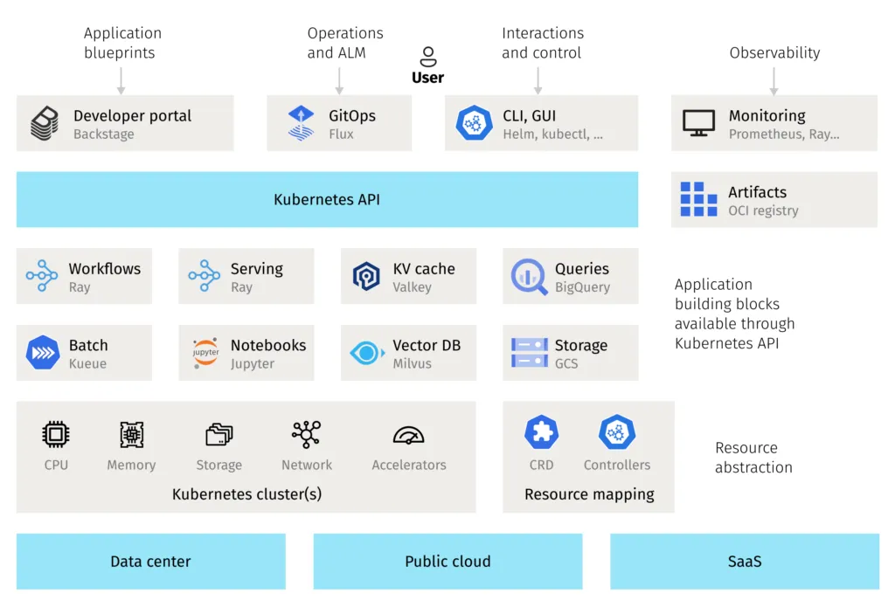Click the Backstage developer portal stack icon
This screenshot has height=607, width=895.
tap(45, 124)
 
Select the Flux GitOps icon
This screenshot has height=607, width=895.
tap(301, 124)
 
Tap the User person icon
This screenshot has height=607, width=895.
tap(428, 58)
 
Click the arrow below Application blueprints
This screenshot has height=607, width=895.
tap(121, 80)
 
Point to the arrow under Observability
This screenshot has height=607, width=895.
tap(774, 80)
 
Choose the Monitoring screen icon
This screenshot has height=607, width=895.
tap(698, 124)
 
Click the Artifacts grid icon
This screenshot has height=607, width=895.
tap(698, 200)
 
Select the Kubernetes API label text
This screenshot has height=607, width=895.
tap(327, 200)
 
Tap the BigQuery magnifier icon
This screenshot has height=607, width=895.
tap(529, 277)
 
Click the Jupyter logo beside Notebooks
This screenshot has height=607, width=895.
tap(205, 353)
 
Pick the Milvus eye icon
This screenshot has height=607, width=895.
tap(366, 353)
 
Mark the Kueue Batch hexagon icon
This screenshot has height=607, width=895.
tap(42, 353)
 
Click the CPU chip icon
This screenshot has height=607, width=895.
tap(56, 434)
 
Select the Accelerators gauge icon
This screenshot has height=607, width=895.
tap(408, 435)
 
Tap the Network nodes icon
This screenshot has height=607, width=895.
tap(307, 434)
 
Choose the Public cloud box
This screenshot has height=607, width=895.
tap(447, 562)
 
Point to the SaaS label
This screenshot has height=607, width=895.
tap(745, 562)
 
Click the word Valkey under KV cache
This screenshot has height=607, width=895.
tap(412, 287)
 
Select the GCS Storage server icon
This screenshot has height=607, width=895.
tap(529, 353)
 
